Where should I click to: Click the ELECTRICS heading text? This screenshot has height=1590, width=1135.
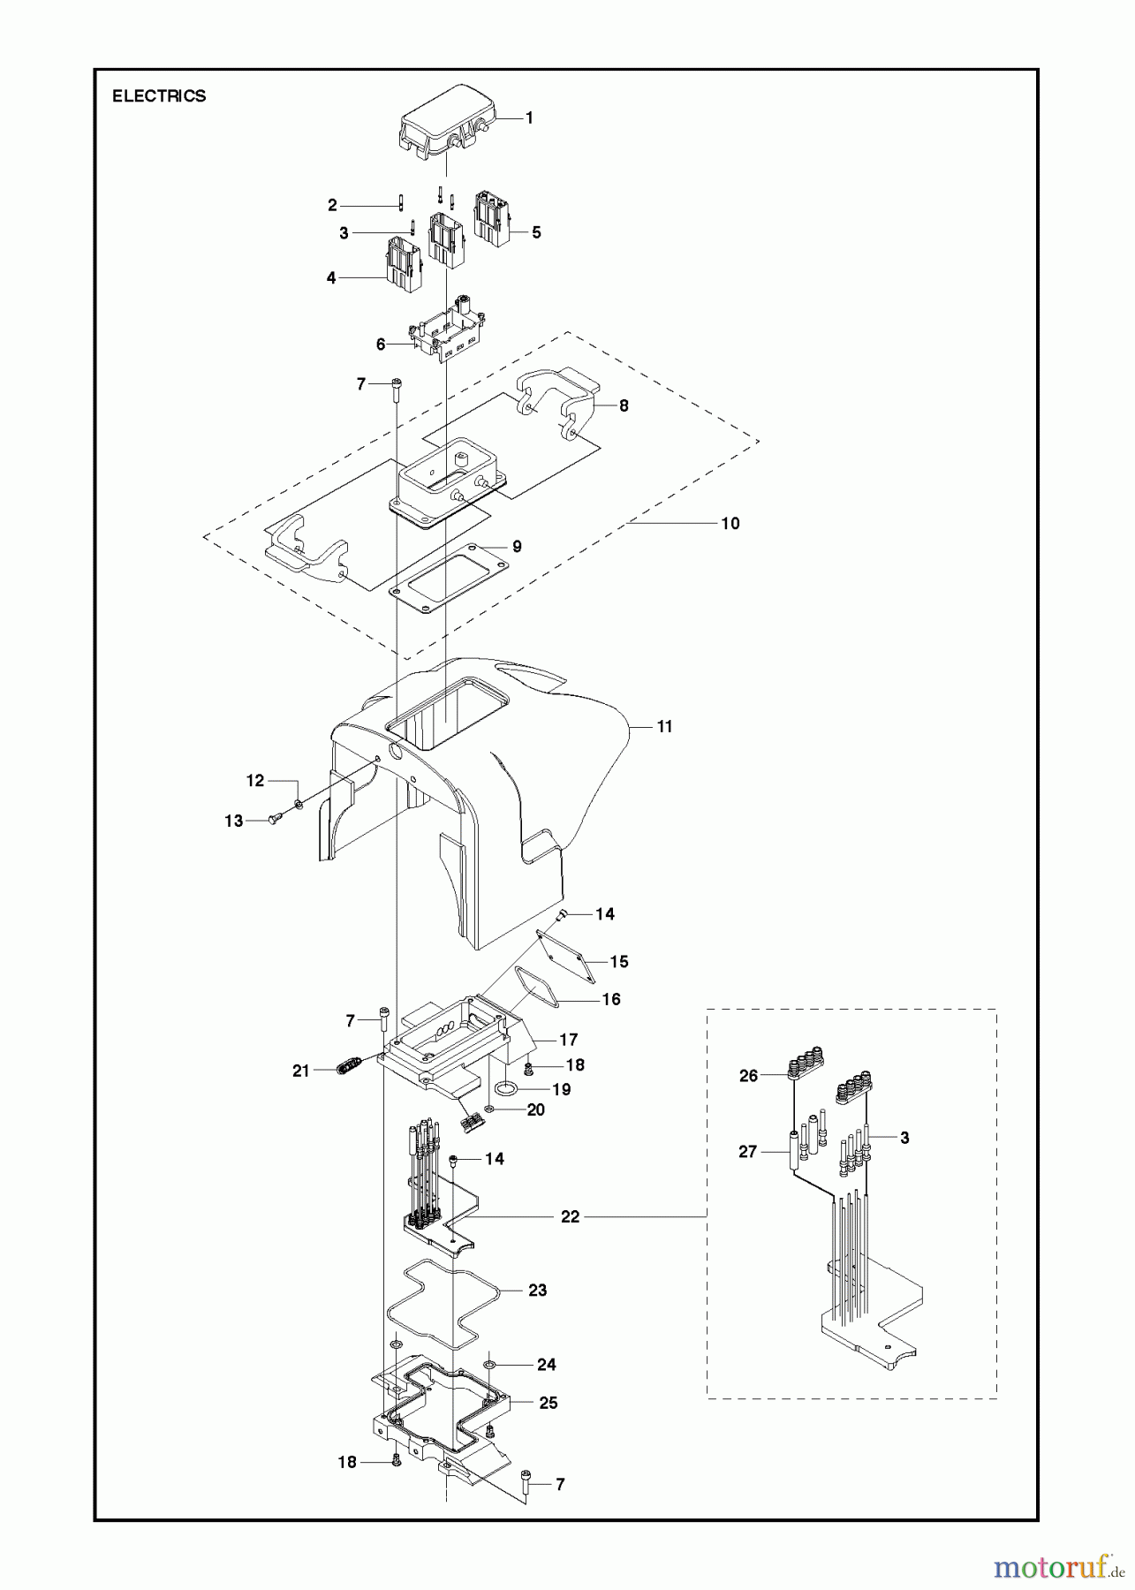[x=159, y=96]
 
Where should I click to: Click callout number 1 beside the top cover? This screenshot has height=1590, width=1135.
[x=529, y=117]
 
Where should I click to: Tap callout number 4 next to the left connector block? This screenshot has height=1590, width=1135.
[x=331, y=277]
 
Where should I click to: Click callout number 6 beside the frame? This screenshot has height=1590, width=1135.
[x=381, y=344]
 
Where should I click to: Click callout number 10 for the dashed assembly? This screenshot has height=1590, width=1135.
[x=730, y=523]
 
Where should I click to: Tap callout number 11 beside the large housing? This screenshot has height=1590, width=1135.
[x=664, y=726]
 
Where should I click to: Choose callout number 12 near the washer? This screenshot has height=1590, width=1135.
[x=254, y=780]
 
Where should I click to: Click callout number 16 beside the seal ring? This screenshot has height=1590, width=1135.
[x=611, y=999]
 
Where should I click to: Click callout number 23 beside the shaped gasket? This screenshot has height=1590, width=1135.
[x=537, y=1290]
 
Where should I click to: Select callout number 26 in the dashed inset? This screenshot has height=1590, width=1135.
[x=748, y=1076]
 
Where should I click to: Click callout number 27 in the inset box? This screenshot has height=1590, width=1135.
[x=747, y=1152]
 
